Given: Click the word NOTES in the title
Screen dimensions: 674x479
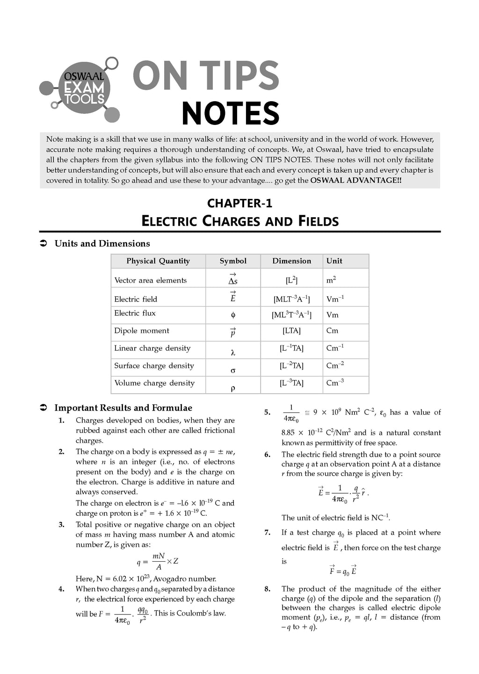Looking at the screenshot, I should pos(230,114).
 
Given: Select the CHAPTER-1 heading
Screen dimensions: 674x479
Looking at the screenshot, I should pos(239,203).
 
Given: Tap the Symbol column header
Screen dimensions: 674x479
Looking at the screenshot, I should pos(233,261).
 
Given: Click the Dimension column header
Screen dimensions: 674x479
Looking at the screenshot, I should pos(291,261).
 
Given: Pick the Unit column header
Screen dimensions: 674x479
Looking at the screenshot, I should pos(334,261).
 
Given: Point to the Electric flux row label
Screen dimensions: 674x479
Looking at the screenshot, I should pos(135,313).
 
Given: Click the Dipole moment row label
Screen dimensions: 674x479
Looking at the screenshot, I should pos(142,330).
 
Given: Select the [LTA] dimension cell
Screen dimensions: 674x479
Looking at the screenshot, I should pos(291,331).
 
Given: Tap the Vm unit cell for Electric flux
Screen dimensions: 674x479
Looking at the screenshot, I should pos(332,315).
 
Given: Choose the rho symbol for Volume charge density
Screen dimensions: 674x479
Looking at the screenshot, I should pos(233,388).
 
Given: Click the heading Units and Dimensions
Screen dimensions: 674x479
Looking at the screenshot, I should pos(102,243).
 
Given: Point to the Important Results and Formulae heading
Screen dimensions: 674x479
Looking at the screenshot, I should pos(123,408).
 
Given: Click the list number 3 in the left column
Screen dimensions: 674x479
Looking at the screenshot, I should pos(61,525).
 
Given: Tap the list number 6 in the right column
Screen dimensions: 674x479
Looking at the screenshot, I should pos(267,454).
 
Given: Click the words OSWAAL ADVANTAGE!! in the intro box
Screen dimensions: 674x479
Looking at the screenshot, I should pos(356,181).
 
